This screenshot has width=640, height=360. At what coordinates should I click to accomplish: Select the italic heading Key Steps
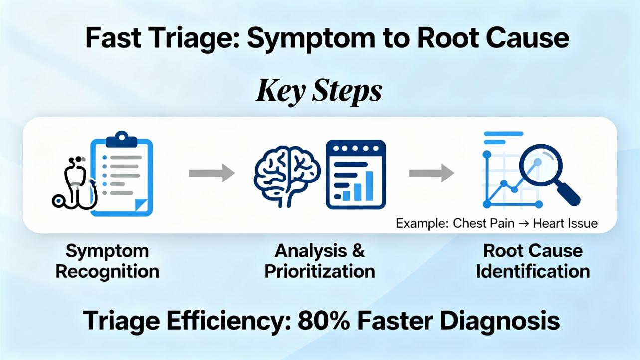coord(319,91)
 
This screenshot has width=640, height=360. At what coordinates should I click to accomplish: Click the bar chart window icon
coord(356,174)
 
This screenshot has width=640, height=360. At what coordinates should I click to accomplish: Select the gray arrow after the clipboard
coord(212,173)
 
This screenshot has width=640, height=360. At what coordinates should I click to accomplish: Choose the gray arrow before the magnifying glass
coord(431,173)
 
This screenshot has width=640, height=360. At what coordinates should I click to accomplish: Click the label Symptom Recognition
coord(107,261)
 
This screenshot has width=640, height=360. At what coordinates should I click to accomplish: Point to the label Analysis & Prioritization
coord(320,261)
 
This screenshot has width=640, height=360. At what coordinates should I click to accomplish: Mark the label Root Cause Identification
coord(533,261)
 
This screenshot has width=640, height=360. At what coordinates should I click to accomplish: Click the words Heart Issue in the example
coord(565,223)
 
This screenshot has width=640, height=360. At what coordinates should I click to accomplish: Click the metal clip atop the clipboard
coord(121,138)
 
